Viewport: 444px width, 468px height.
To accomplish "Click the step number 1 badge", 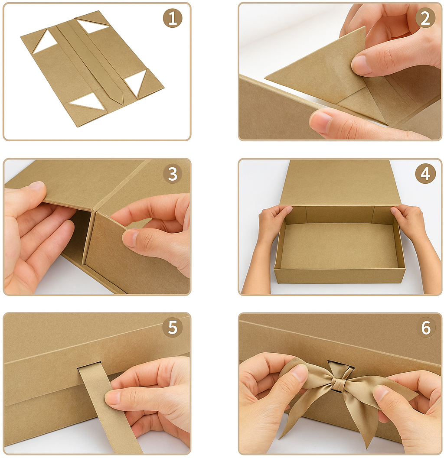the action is click(x=173, y=18).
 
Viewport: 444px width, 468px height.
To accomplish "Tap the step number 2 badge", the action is click(x=425, y=18).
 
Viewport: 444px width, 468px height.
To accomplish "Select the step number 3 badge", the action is click(x=173, y=174).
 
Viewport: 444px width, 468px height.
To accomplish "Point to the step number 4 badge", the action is click(x=425, y=174).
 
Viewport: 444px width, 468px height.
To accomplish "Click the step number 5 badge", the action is click(x=173, y=328).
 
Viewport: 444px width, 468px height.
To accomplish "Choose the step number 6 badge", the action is click(x=425, y=328).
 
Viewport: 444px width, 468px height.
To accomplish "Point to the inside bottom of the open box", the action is click(x=339, y=245).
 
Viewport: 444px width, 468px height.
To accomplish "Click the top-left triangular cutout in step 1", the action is click(x=44, y=41).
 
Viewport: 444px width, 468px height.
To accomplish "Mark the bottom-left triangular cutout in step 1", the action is click(x=87, y=104).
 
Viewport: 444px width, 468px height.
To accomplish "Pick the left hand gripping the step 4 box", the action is click(x=267, y=236).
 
